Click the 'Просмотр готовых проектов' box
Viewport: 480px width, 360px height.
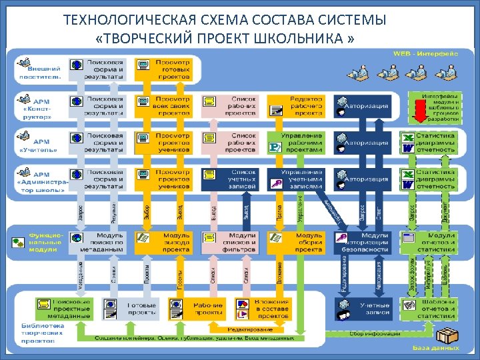click(164, 68)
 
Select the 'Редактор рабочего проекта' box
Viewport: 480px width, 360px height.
click(295, 106)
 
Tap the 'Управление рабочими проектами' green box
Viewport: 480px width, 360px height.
click(295, 142)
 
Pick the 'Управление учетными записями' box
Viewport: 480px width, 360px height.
click(295, 179)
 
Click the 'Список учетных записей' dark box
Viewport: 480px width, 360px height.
click(230, 179)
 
